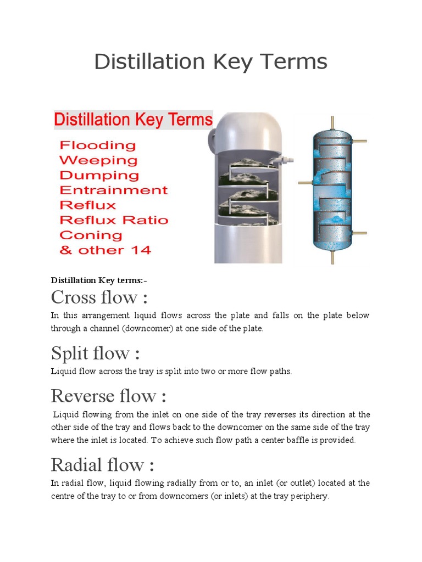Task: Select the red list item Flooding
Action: point(97,145)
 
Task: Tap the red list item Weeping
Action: point(98,160)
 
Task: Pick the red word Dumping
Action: point(99,176)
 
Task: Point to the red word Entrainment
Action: point(113,190)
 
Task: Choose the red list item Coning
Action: point(90,235)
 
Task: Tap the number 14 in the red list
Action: point(141,250)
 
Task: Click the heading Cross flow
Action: point(99,297)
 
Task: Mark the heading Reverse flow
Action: point(108,396)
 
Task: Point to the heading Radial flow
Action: point(102,465)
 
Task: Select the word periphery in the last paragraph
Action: point(310,496)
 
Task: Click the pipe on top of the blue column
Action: point(331,123)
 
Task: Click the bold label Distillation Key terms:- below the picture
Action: point(99,280)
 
